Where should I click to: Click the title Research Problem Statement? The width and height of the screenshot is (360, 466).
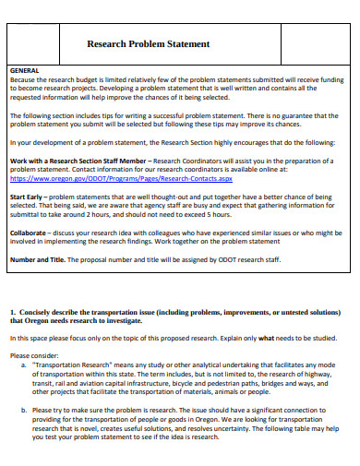148,43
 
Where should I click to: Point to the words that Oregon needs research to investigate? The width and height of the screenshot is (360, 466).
73,321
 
